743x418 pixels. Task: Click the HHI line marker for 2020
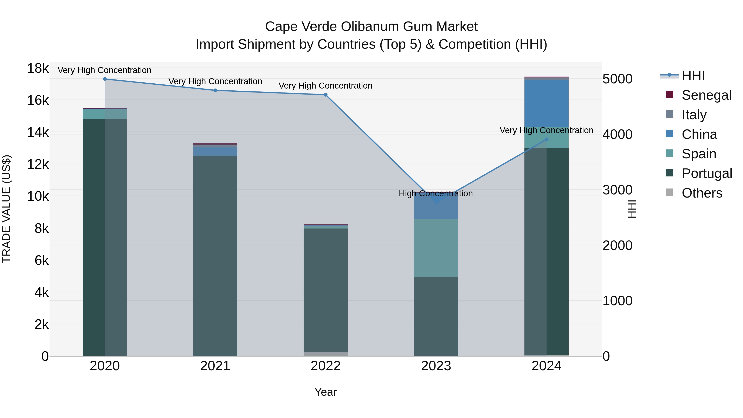coord(105,79)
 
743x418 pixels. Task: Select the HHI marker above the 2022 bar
coord(326,95)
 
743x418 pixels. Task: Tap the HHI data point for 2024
coord(546,140)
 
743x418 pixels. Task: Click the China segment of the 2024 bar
coord(546,104)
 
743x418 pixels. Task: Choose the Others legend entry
coord(702,193)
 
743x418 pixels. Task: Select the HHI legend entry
coord(693,76)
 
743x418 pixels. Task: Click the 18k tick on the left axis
coord(38,69)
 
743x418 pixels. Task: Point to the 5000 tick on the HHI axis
coord(617,79)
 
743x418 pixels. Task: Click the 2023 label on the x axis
coord(436,366)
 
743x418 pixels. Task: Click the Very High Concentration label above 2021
coord(215,82)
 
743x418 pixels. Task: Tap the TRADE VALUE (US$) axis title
coord(7,209)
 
